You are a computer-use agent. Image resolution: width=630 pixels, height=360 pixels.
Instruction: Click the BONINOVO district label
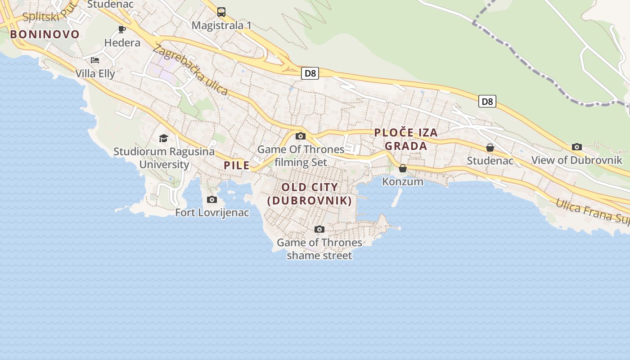click(45, 34)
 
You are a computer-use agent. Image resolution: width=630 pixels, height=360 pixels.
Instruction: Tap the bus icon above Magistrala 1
click(221, 12)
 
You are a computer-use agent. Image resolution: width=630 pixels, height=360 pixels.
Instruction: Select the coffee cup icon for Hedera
click(122, 29)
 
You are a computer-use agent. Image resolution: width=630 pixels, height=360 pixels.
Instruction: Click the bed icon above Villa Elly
click(95, 60)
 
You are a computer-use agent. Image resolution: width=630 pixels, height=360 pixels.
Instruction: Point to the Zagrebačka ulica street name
click(190, 70)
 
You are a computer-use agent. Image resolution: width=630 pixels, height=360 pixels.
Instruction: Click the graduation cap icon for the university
click(163, 138)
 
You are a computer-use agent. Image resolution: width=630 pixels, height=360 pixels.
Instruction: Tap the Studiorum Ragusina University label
click(164, 158)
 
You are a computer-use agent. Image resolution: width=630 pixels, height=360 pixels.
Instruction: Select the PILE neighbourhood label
click(237, 165)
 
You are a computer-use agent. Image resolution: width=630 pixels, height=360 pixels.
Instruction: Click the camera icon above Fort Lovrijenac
click(212, 199)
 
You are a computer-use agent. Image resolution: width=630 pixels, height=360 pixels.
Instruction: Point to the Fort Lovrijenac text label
click(212, 212)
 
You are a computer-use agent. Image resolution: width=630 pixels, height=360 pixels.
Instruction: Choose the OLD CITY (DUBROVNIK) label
click(310, 194)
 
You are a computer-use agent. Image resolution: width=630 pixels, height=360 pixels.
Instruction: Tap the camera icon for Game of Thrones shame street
click(319, 229)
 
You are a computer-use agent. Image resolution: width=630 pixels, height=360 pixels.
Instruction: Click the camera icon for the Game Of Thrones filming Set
click(301, 136)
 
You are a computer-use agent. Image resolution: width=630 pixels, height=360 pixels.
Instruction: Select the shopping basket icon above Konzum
click(403, 168)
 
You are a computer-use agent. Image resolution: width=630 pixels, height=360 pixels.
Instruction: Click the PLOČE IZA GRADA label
click(406, 139)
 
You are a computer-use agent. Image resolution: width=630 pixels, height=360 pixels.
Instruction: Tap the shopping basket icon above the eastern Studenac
click(490, 148)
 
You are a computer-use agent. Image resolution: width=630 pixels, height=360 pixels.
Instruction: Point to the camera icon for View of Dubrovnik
click(577, 147)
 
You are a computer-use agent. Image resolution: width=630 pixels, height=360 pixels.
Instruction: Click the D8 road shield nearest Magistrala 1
click(310, 73)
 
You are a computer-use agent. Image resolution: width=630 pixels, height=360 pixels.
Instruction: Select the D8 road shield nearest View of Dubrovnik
click(487, 101)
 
